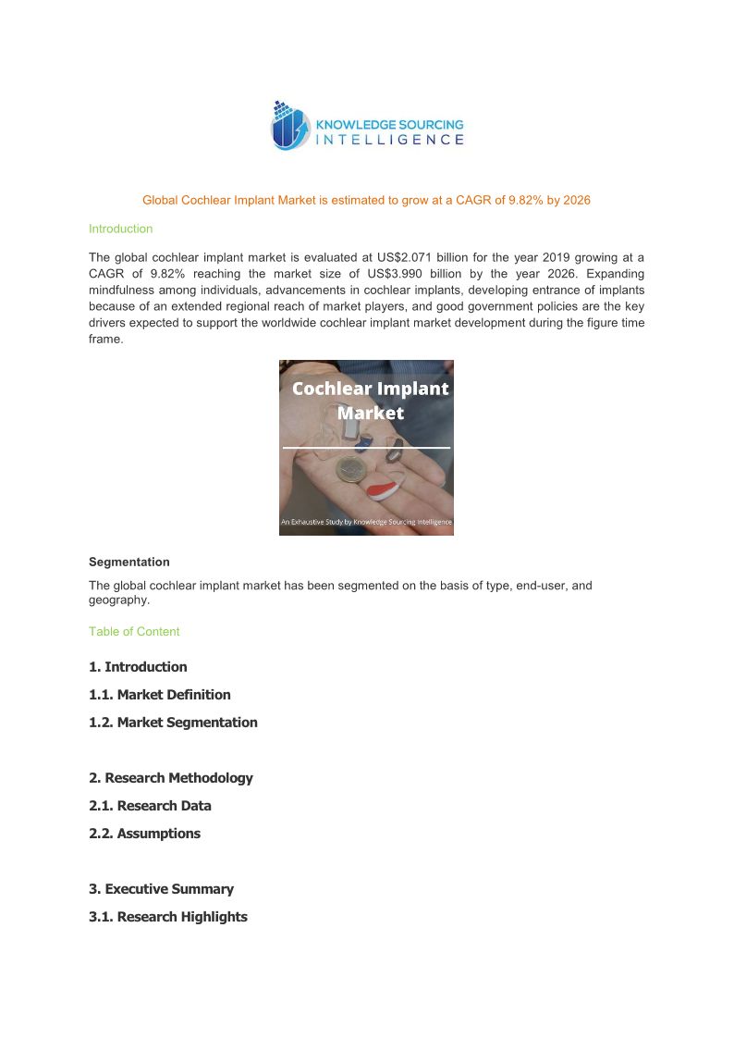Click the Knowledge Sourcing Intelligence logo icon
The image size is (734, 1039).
(x=289, y=126)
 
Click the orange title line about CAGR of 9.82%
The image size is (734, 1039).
(x=366, y=200)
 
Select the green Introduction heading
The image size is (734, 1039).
(x=120, y=229)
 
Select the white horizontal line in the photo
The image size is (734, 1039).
(x=366, y=447)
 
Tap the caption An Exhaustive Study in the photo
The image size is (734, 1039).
(x=366, y=523)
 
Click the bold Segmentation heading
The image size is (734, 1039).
(x=128, y=562)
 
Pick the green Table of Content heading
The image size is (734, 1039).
(x=134, y=632)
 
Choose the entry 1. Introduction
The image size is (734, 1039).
(x=138, y=667)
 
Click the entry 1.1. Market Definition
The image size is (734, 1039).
(x=160, y=695)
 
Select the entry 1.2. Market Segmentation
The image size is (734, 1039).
(x=173, y=723)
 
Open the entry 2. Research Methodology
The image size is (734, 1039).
(x=171, y=778)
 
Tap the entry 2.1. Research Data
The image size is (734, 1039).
(x=150, y=806)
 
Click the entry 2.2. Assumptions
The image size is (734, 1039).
(x=144, y=834)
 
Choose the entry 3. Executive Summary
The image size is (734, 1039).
(x=161, y=889)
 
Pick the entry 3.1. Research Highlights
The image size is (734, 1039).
(x=168, y=917)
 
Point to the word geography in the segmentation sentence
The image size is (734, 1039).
(x=117, y=600)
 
